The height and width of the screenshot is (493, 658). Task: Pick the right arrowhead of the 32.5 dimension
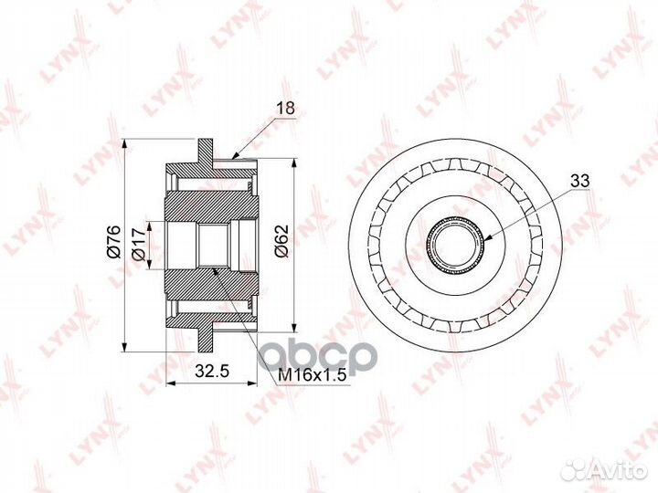pos(257,384)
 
